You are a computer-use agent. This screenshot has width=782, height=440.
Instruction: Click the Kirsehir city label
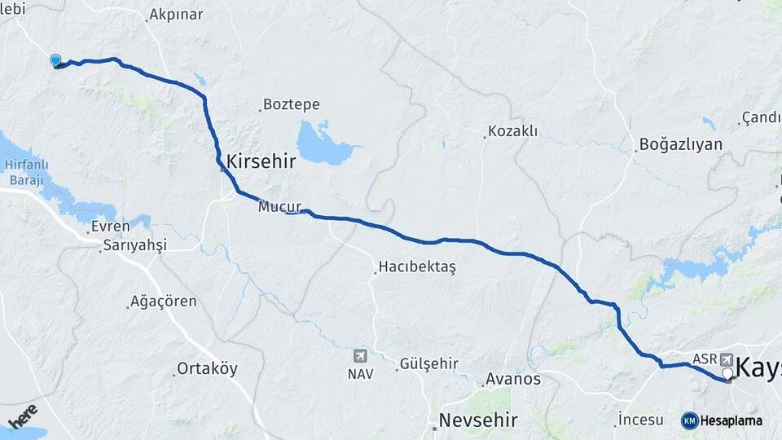(x=261, y=161)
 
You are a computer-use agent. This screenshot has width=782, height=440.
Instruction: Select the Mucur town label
(x=279, y=207)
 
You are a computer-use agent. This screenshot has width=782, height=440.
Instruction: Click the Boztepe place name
(x=291, y=105)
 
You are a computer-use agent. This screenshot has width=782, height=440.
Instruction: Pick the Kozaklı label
(x=514, y=131)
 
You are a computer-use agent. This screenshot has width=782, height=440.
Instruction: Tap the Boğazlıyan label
(x=681, y=145)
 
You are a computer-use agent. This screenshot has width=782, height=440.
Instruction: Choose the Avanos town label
(x=512, y=379)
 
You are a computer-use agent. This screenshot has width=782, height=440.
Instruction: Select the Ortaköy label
(x=209, y=368)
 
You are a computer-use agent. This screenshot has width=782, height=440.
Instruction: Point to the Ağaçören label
(x=165, y=301)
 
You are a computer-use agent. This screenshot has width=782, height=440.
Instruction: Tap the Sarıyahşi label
(x=134, y=245)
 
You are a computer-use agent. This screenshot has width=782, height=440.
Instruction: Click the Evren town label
(x=111, y=227)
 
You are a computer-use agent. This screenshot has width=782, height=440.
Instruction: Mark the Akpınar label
(x=177, y=15)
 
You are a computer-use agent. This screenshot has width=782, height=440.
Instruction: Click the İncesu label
(x=642, y=420)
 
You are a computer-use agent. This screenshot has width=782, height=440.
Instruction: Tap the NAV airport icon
(x=359, y=356)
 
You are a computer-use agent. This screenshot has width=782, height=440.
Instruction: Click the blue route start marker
(x=55, y=60)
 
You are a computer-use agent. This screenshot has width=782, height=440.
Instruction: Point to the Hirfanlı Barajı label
(x=23, y=172)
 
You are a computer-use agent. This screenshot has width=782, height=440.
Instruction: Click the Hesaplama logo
(x=722, y=420)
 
